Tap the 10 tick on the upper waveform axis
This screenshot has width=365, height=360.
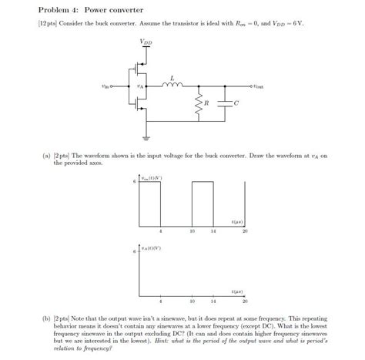click(x=191, y=231)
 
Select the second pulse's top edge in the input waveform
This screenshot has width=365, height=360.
click(x=202, y=182)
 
